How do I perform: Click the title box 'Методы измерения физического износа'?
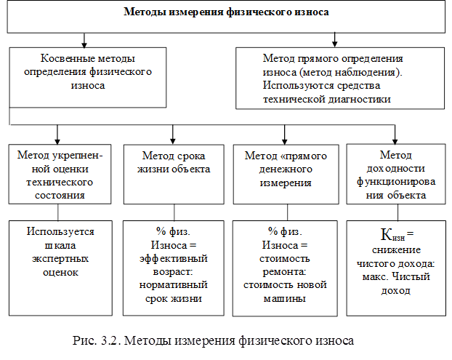click(x=226, y=17)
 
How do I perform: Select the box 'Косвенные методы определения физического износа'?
click(x=88, y=78)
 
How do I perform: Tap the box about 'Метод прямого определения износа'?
click(x=340, y=78)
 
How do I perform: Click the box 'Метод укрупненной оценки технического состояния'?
click(x=60, y=175)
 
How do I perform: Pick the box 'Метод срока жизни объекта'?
click(x=174, y=175)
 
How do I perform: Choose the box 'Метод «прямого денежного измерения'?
click(x=286, y=175)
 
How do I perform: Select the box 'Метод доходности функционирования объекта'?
click(x=396, y=175)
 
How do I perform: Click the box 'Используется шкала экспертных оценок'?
click(x=60, y=268)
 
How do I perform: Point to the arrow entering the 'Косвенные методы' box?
click(x=84, y=41)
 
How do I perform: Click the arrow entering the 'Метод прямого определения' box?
click(x=334, y=39)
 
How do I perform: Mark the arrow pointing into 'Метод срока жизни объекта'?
click(x=173, y=135)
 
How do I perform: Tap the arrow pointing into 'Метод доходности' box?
click(x=395, y=135)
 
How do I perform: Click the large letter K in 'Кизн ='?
click(x=385, y=234)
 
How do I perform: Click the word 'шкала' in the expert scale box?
click(x=60, y=246)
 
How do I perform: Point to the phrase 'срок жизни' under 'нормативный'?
click(x=174, y=299)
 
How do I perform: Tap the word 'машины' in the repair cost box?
click(x=285, y=299)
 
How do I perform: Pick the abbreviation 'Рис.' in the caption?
click(x=85, y=340)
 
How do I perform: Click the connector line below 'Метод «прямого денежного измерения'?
click(x=287, y=212)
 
